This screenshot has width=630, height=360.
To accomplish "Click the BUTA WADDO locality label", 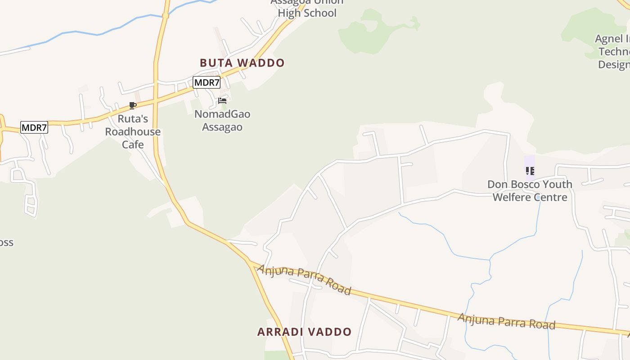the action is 242,63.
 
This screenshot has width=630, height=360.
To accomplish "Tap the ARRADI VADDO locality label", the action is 304,332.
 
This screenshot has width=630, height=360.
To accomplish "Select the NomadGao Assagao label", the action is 222,121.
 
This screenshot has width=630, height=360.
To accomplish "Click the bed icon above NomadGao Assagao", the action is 222,101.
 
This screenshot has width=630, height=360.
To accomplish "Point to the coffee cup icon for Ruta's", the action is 133,106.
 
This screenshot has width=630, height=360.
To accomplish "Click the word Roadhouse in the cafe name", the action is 133,132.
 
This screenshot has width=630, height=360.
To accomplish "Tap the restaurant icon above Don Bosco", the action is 530,171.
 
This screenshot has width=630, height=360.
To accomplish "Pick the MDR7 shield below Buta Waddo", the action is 207,82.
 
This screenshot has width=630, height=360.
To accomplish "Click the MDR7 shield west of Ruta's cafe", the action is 34,127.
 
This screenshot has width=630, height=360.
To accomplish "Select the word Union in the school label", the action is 328,2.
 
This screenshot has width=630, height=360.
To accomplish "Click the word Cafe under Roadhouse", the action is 133,144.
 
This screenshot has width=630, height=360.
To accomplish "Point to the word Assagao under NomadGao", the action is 222,127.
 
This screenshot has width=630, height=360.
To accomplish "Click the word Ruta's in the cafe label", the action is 133,119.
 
